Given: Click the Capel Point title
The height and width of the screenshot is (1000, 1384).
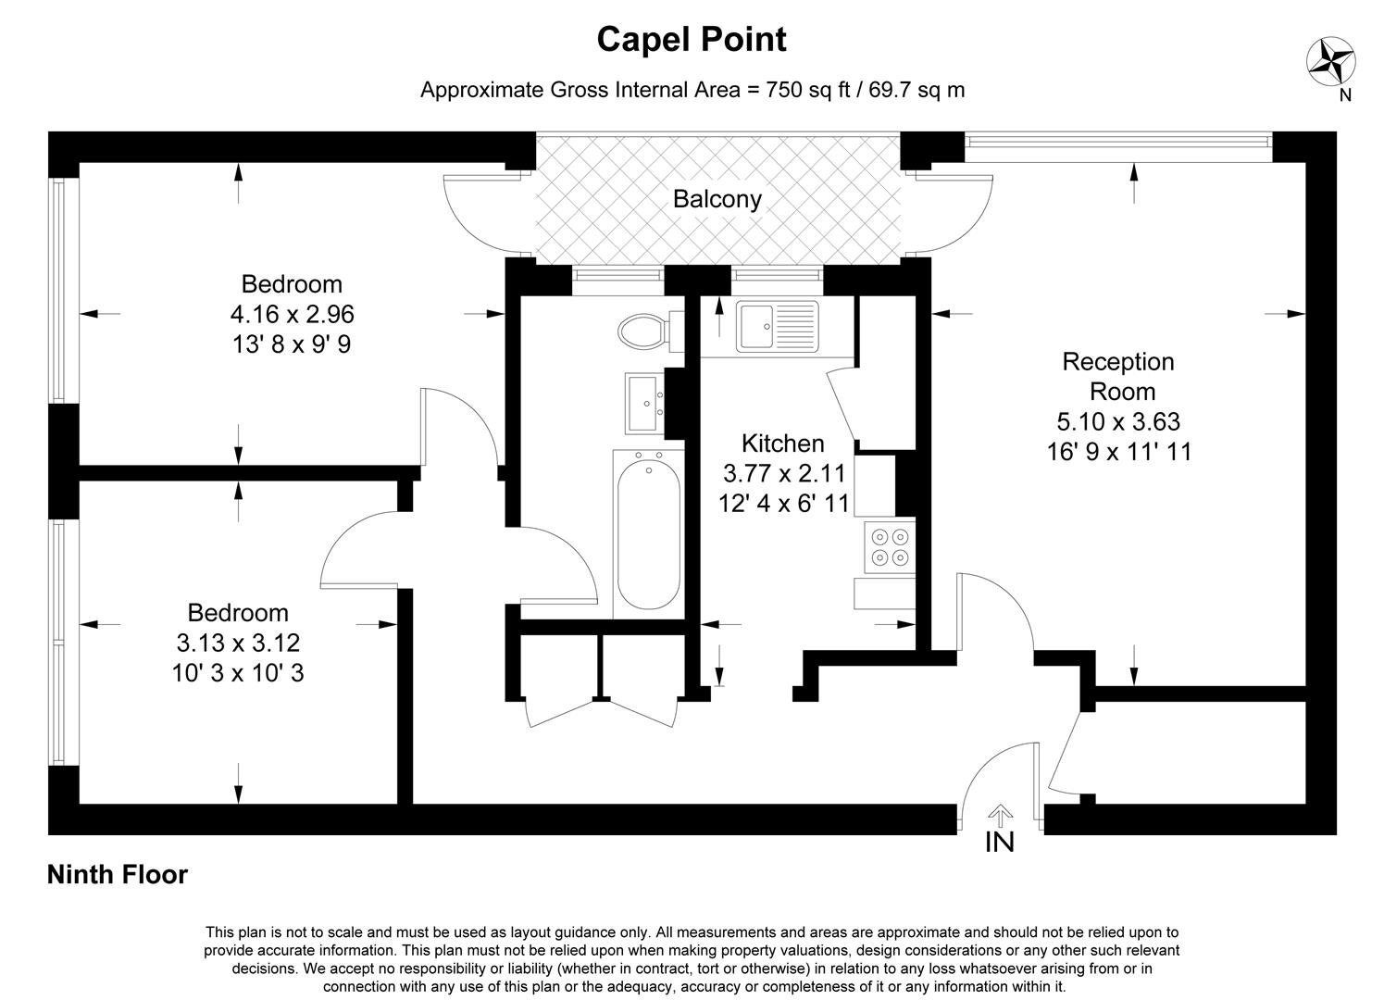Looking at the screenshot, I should [x=692, y=40].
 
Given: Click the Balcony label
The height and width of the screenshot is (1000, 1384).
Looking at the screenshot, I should [x=717, y=199].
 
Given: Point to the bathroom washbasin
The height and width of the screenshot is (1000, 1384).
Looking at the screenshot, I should [x=644, y=403].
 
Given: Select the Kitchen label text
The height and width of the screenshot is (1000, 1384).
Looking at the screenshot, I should [x=782, y=444].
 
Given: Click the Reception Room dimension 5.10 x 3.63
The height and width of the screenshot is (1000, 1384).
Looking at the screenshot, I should [x=1118, y=422].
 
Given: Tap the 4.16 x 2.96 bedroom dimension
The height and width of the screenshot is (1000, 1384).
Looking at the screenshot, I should [x=292, y=315].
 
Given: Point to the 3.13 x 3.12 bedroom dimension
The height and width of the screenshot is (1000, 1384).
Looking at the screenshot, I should [x=238, y=643].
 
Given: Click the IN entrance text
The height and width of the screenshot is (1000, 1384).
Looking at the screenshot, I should [x=1000, y=843].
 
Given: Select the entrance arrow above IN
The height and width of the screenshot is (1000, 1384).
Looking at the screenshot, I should [x=1000, y=815].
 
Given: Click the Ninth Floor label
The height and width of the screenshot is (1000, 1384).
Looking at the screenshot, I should [x=118, y=875].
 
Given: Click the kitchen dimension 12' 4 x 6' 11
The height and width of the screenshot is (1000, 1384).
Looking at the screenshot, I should [x=783, y=505].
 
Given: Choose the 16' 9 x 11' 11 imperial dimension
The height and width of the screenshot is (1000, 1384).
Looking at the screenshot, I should [x=1118, y=452].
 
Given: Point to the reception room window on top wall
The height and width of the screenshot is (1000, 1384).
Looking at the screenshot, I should [x=1118, y=141].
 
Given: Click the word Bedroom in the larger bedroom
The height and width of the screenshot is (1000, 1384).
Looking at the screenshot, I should [x=292, y=284].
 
